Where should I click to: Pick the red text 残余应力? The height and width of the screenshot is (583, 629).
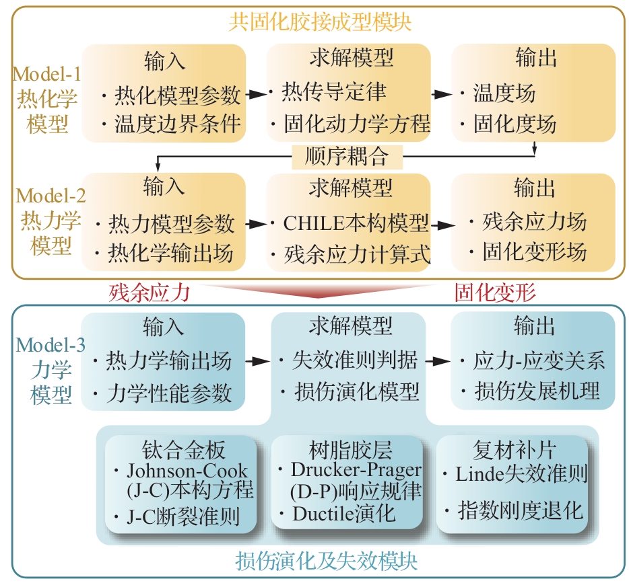tap(150, 293)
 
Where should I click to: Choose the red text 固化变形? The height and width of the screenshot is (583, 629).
tap(495, 293)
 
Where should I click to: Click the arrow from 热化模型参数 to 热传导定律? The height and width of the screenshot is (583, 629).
tap(255, 95)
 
